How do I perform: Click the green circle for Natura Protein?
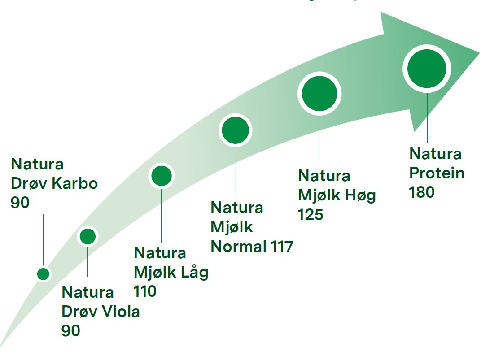click(427, 69)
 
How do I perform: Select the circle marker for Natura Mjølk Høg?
click(319, 94)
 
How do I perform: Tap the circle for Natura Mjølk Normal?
click(236, 130)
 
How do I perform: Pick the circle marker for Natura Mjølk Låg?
click(162, 176)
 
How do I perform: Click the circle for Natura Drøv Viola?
click(87, 236)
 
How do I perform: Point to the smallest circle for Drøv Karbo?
click(44, 274)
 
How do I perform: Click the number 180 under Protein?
click(422, 192)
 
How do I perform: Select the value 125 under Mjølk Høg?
click(311, 214)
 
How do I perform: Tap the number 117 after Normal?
click(282, 246)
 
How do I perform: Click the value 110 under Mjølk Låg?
click(145, 291)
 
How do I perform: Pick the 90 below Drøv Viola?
click(71, 330)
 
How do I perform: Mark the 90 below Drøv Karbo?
click(20, 203)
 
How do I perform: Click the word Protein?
click(437, 173)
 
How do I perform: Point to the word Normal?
click(238, 246)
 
